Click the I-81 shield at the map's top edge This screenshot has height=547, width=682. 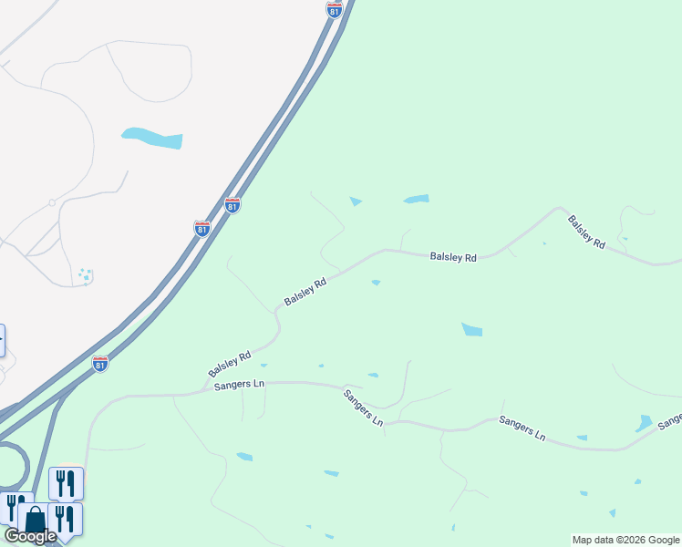(335, 9)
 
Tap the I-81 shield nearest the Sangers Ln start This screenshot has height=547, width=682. (100, 364)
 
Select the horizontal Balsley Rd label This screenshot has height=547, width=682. (453, 258)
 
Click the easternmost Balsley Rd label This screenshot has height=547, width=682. (585, 232)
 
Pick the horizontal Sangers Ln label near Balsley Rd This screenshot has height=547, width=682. (239, 386)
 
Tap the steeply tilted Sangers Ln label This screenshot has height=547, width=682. (362, 408)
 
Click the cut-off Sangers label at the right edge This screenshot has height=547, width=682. (670, 419)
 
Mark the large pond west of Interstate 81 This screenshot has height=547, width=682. (152, 138)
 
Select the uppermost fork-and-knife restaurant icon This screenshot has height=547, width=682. (66, 482)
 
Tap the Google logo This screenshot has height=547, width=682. (30, 536)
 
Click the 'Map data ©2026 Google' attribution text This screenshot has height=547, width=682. (625, 540)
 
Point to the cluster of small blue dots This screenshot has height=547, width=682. (85, 275)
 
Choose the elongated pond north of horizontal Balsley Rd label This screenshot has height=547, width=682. (416, 199)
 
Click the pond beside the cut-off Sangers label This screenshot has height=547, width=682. (644, 423)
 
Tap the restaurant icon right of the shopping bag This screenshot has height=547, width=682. (65, 518)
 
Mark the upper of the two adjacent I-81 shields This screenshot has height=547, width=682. (232, 206)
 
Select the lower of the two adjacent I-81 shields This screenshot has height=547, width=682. (202, 228)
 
